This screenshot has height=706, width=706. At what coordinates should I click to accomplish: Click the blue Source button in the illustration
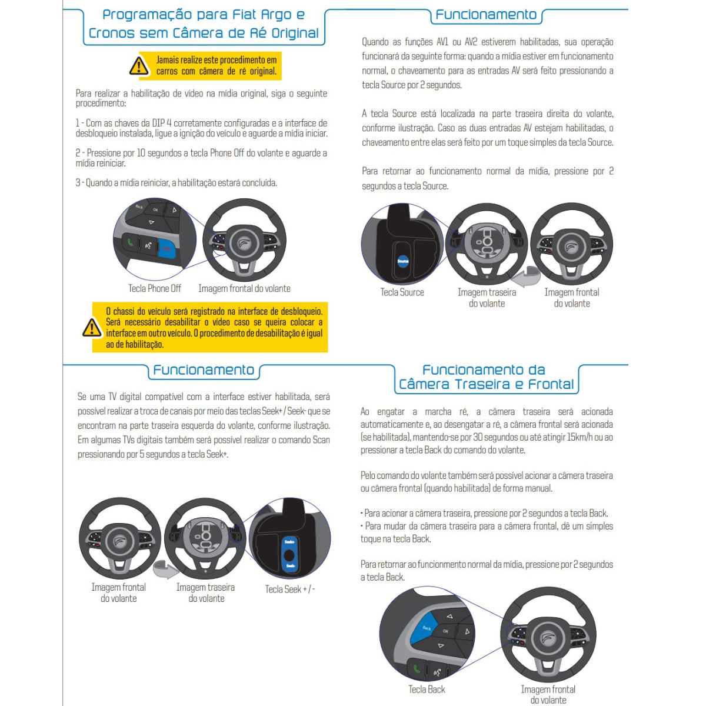tap(403, 261)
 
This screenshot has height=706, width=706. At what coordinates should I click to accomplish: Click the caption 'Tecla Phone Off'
tap(155, 288)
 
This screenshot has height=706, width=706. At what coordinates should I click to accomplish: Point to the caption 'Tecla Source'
tap(402, 292)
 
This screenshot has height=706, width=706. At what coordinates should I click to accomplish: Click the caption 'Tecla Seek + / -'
tap(290, 589)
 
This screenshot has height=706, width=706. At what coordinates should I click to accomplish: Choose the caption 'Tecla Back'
tap(427, 689)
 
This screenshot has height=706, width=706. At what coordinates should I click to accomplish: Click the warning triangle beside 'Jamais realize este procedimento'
tap(139, 66)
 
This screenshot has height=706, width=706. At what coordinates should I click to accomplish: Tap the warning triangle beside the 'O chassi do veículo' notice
tap(91, 328)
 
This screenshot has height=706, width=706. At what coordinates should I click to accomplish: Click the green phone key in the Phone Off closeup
tap(129, 242)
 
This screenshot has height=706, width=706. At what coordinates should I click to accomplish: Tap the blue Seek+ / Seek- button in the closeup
tap(289, 554)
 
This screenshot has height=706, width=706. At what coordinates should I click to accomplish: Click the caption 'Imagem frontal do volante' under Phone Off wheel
tap(244, 288)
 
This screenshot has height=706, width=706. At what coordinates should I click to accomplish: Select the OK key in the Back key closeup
tap(445, 631)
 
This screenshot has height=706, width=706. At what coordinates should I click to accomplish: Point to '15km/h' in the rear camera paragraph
tap(585, 437)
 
